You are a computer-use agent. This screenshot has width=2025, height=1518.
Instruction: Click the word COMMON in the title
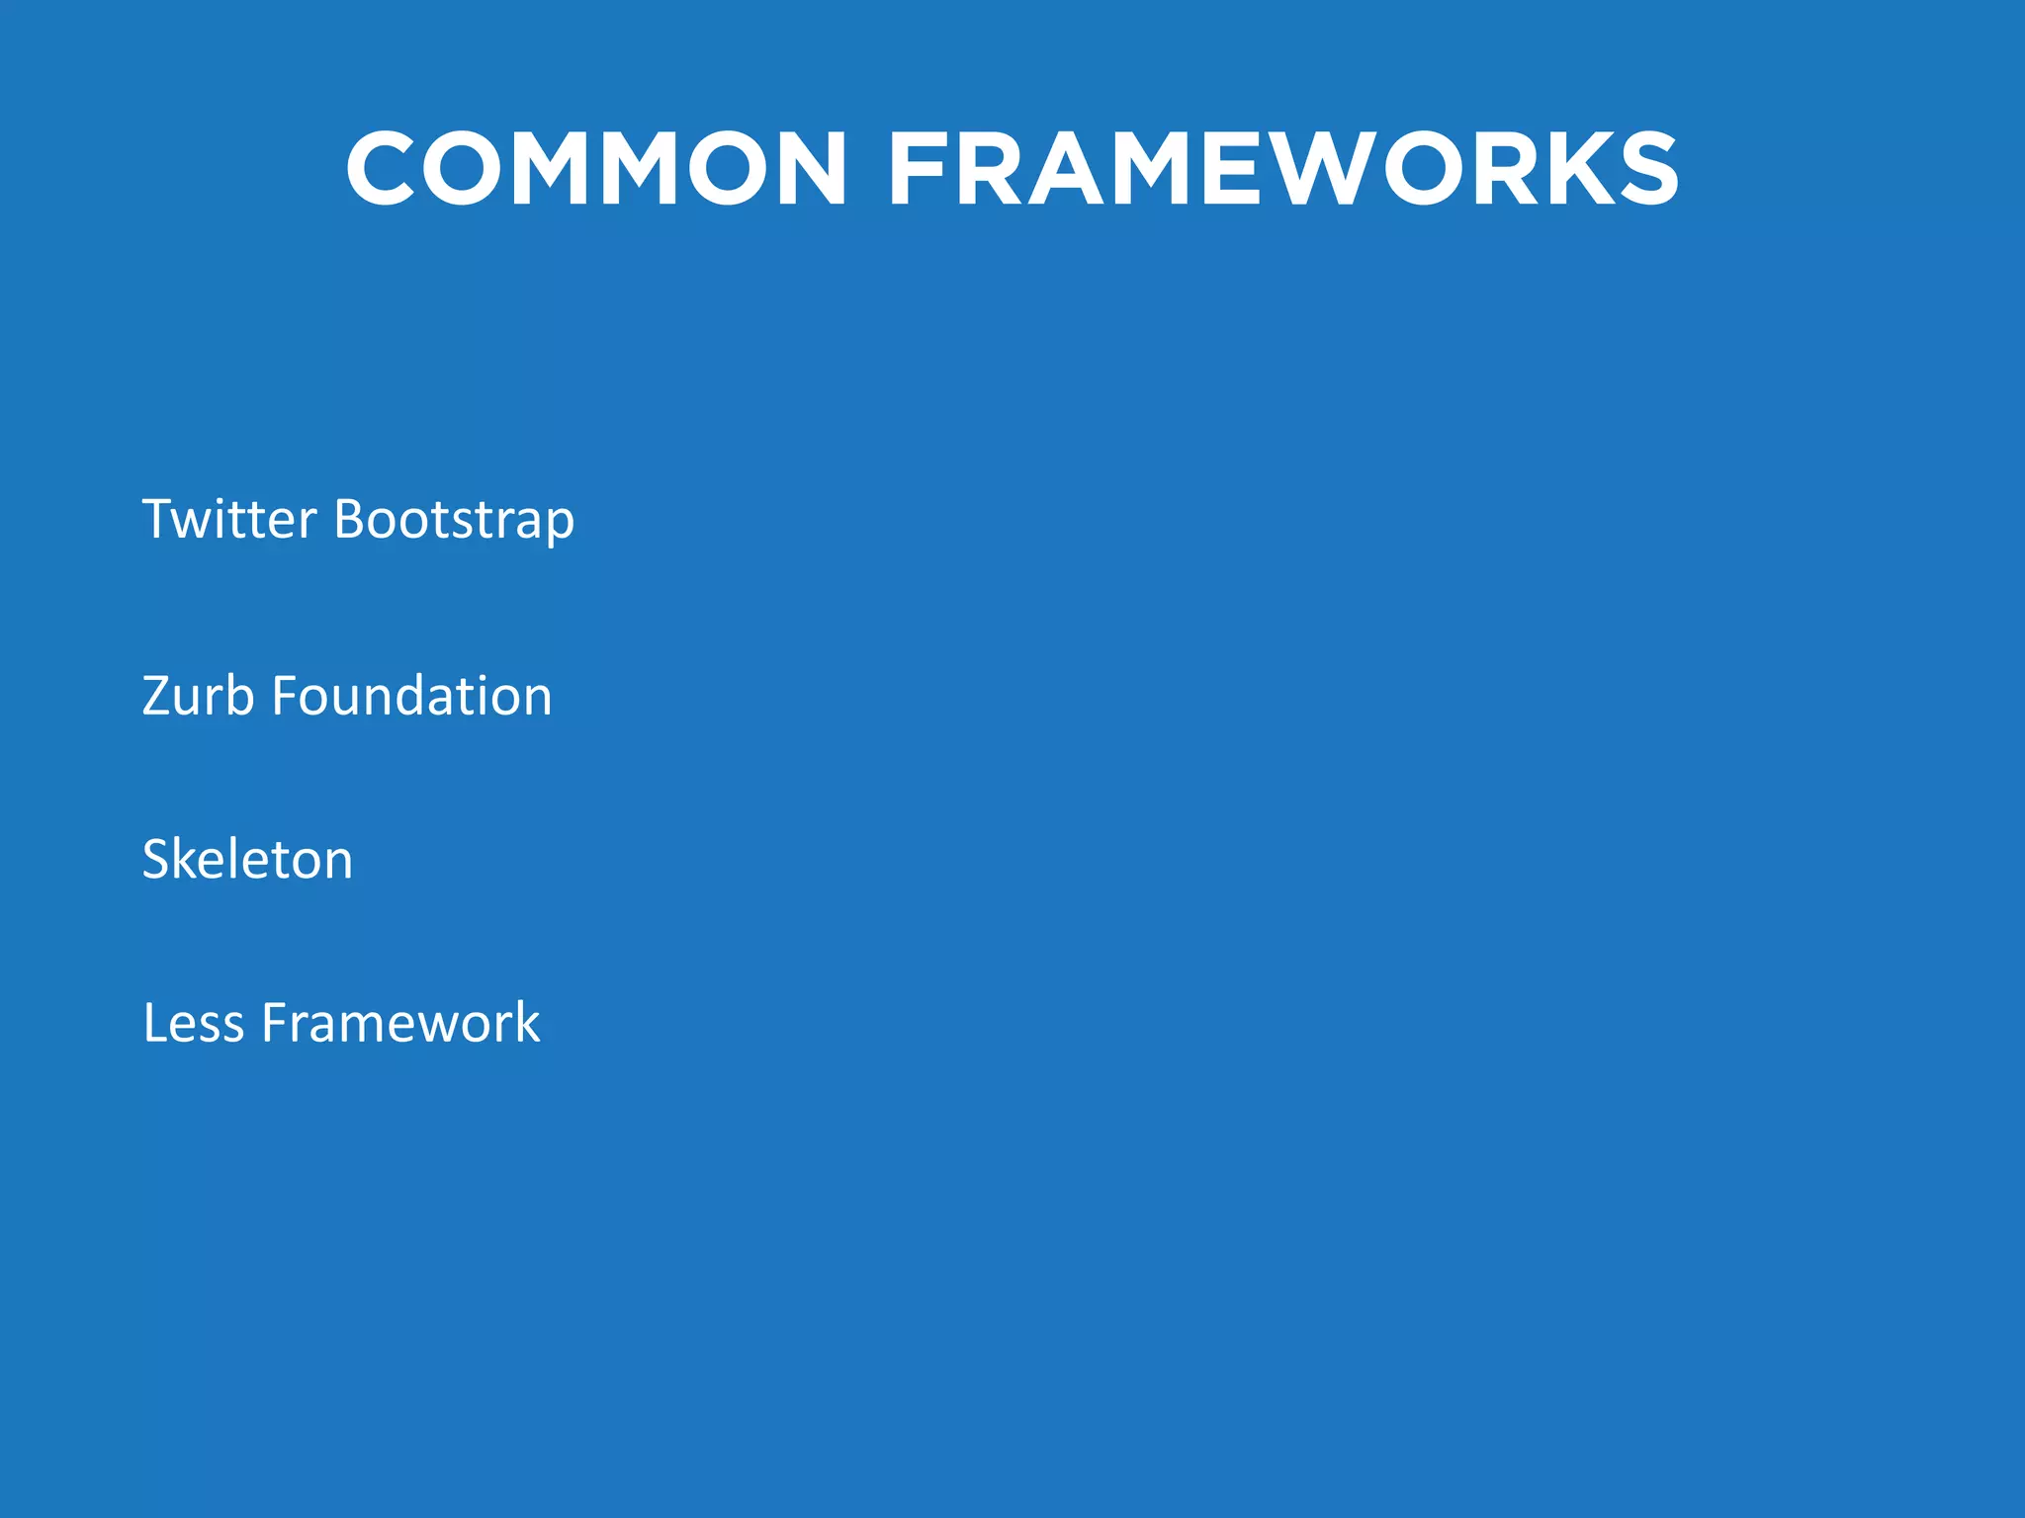coord(596,169)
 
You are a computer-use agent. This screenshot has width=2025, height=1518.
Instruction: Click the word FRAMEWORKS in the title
coord(1283,169)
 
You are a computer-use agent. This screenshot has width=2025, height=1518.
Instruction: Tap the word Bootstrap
coord(454,521)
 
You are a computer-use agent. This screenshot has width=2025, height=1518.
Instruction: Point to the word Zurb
coord(198,696)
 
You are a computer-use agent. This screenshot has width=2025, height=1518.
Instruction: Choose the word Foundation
coord(411,696)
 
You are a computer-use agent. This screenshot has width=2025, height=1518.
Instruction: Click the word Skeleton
coord(247,859)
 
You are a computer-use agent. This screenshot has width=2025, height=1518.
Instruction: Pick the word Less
coord(193,1023)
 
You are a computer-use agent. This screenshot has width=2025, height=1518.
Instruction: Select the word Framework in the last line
coord(400,1023)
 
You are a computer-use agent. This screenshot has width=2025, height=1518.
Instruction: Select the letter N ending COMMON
coord(806,169)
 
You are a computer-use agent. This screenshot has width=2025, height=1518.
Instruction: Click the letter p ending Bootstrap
coord(561,526)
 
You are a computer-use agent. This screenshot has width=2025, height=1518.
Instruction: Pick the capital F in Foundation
coord(285,696)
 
